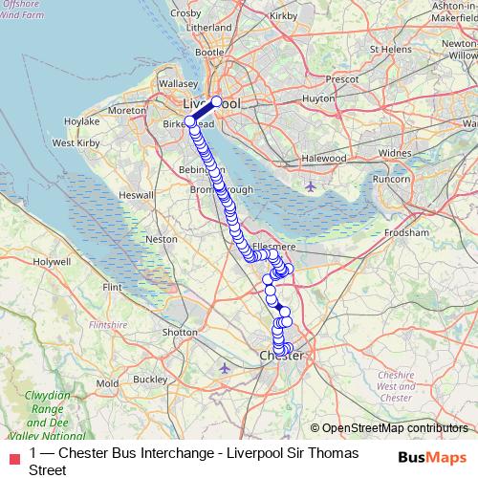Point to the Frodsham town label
407,231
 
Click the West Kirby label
76,142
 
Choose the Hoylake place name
81,122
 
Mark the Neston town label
161,239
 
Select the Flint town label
113,287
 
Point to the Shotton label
180,332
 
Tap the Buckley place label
150,379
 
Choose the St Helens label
394,49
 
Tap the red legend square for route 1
12,454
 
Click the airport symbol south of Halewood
310,185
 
